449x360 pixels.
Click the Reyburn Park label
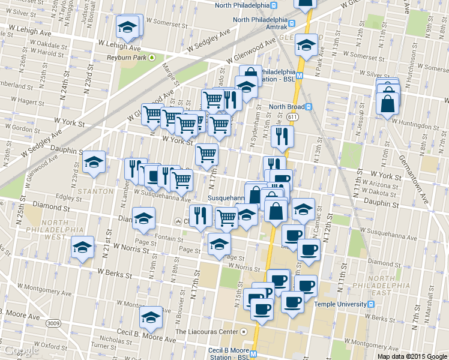127,58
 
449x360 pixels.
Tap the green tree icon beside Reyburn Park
151,58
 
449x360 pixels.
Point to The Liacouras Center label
206,331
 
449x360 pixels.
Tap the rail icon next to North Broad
309,107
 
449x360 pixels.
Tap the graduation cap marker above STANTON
94,161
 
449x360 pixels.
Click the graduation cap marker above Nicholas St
150,317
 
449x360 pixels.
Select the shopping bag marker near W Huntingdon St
388,103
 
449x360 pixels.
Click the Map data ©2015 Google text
412,355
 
